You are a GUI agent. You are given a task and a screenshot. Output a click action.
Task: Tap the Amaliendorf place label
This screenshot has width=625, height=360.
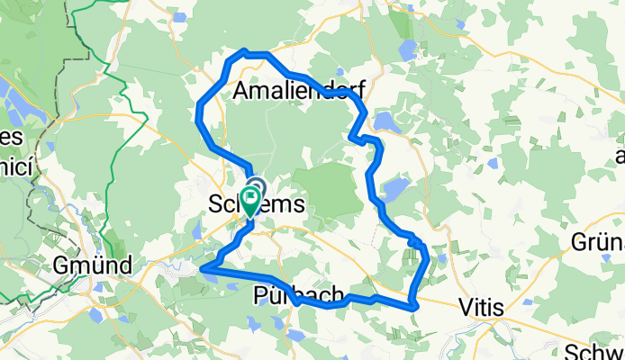click(297, 91)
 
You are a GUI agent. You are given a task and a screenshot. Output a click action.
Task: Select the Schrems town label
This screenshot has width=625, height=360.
click(258, 205)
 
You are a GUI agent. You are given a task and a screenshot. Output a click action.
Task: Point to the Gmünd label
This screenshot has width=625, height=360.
click(93, 265)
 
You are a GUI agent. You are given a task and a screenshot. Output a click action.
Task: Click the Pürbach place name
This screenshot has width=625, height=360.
click(299, 295)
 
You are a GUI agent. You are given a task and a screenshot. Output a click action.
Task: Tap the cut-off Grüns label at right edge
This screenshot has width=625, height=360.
click(598, 242)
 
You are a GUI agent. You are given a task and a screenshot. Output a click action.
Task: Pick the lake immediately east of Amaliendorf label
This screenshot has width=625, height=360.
click(387, 121)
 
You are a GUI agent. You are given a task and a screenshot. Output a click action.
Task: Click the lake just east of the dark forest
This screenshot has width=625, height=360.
click(394, 190)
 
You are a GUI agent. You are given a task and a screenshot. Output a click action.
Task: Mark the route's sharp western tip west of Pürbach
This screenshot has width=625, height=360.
click(203, 268)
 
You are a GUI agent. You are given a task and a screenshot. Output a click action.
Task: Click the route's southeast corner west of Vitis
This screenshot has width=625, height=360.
click(413, 307)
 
